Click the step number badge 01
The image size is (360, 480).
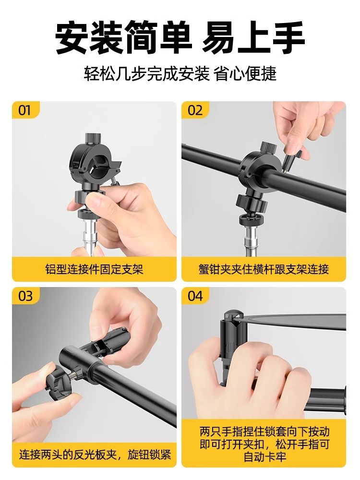(x=25, y=110)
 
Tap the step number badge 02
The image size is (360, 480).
(x=195, y=110)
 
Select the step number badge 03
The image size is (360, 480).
(x=25, y=296)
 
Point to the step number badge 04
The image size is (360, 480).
(x=195, y=296)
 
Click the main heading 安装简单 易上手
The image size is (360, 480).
(x=180, y=38)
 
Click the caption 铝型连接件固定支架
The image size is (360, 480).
(x=94, y=269)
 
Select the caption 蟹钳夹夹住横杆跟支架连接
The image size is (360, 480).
(x=264, y=269)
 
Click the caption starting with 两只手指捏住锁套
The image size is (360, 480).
(x=264, y=444)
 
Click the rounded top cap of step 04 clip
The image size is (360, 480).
(x=233, y=315)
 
